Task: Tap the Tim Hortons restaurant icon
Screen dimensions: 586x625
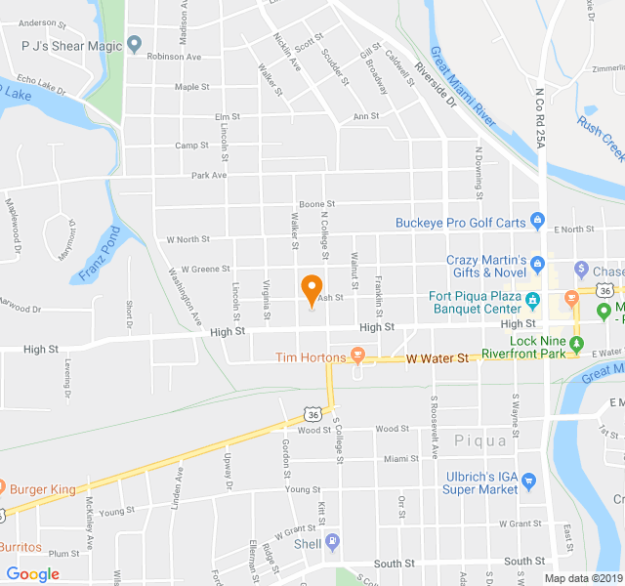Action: pyautogui.click(x=357, y=357)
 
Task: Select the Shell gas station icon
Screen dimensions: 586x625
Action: pyautogui.click(x=332, y=542)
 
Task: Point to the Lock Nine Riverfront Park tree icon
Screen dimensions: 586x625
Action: pyautogui.click(x=576, y=343)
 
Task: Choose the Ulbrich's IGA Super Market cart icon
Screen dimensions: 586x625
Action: pyautogui.click(x=529, y=481)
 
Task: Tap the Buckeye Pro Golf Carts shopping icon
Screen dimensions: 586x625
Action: pyautogui.click(x=536, y=222)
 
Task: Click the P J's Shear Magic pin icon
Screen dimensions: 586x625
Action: pyautogui.click(x=135, y=45)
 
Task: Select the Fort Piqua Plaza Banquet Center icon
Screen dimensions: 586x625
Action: pyautogui.click(x=532, y=299)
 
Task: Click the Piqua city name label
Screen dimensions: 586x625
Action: pyautogui.click(x=480, y=440)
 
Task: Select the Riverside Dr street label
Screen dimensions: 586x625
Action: pyautogui.click(x=435, y=86)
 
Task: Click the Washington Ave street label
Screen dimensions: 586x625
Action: pyautogui.click(x=184, y=296)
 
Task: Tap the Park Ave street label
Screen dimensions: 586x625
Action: pyautogui.click(x=209, y=175)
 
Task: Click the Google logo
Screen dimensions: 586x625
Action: pyautogui.click(x=33, y=574)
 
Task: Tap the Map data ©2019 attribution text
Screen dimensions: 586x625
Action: pyautogui.click(x=582, y=577)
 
